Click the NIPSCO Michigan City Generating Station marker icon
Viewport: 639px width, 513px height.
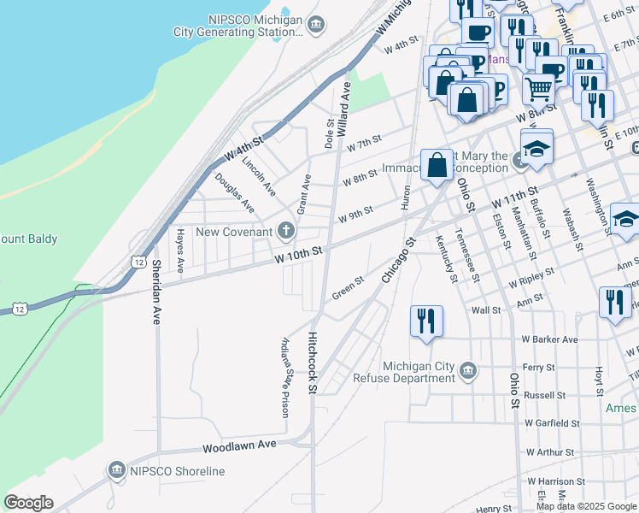(317, 24)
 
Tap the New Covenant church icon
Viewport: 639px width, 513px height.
(285, 231)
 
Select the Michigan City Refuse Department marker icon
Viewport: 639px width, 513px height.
(467, 370)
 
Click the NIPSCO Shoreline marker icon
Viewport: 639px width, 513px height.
(117, 470)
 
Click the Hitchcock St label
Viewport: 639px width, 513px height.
(313, 363)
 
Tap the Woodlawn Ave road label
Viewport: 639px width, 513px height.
(239, 445)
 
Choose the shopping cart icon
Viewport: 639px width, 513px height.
(537, 87)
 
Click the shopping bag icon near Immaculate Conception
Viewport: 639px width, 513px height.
(437, 164)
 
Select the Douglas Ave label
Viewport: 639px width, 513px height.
(234, 192)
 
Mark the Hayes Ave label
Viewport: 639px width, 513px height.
(179, 250)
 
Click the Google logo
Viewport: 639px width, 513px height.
(28, 503)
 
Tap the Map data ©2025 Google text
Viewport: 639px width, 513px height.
(585, 506)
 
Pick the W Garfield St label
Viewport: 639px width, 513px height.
(552, 422)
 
